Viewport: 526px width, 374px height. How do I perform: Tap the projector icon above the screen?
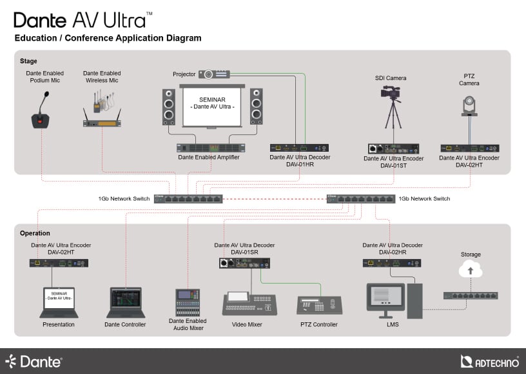(x=214, y=74)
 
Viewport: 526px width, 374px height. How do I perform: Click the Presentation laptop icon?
(x=59, y=302)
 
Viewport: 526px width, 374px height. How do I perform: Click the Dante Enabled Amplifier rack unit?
(x=209, y=148)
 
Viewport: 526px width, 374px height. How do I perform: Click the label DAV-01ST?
(x=393, y=165)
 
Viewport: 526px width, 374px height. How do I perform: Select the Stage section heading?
(x=28, y=61)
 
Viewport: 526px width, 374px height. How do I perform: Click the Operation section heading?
(x=35, y=233)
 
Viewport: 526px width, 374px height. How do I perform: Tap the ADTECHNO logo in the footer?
(x=490, y=362)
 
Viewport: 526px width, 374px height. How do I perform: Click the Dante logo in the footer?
(x=34, y=362)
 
